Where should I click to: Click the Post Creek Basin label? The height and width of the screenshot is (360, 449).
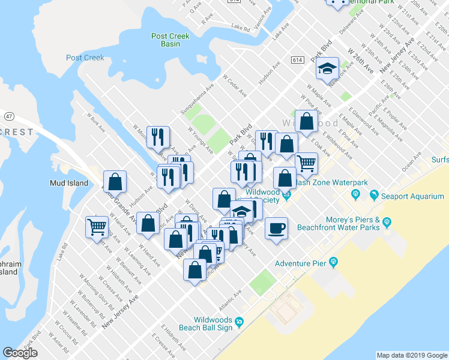[x=170, y=40]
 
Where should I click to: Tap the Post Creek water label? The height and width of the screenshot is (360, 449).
[x=85, y=58]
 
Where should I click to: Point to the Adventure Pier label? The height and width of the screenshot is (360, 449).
[x=301, y=263]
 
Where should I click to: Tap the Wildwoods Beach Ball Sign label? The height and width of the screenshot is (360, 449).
[x=213, y=324]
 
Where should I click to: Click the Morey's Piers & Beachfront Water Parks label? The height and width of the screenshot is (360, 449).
[x=352, y=223]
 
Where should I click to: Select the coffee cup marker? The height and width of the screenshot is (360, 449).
[x=276, y=229]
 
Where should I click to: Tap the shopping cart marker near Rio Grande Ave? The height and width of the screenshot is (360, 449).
[x=97, y=227]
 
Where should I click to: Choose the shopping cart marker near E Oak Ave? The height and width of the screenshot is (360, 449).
[x=306, y=163]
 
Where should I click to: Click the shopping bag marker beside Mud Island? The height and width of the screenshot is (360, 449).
[x=114, y=182]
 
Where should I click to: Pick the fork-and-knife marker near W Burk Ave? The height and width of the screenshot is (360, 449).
[x=158, y=137]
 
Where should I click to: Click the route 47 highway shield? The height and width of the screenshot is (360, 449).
[x=9, y=115]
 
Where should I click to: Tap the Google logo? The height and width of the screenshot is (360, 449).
[x=20, y=353]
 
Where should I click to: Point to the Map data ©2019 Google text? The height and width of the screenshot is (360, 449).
[x=412, y=355]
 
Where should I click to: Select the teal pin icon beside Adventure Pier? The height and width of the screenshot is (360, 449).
[x=334, y=263]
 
